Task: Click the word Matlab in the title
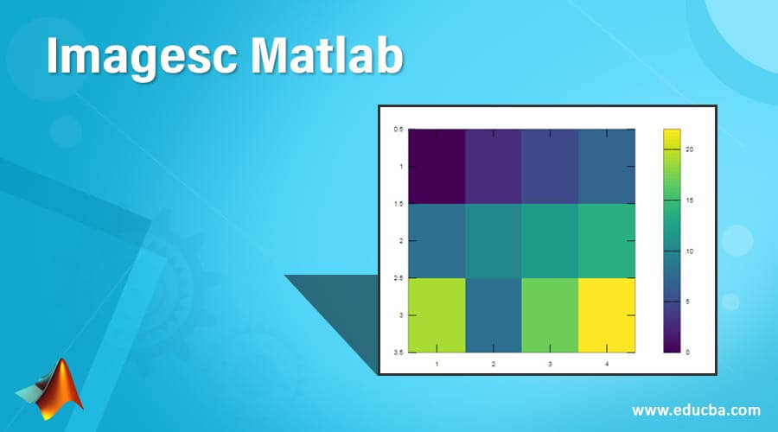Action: (345, 59)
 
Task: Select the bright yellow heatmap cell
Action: (607, 314)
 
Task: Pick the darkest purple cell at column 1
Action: (437, 167)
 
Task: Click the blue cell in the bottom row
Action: (494, 314)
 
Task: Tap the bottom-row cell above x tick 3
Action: (550, 314)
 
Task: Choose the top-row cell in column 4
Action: (607, 167)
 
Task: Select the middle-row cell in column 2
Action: (494, 241)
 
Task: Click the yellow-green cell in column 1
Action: (437, 314)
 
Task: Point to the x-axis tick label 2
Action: (494, 365)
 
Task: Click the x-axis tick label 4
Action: (607, 365)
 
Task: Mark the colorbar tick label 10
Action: (690, 251)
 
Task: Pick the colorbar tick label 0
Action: (688, 353)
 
